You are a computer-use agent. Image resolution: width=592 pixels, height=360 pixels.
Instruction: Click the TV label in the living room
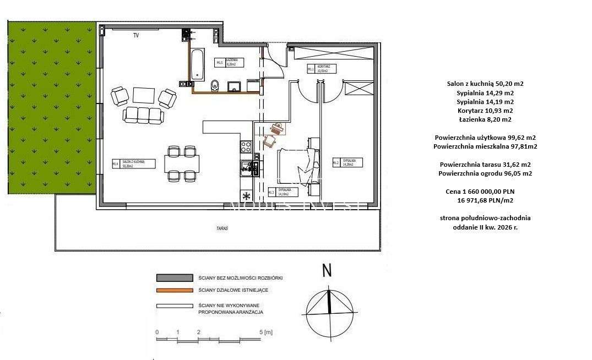click(x=135, y=36)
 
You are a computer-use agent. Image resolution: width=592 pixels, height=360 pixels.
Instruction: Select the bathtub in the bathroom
click(x=197, y=65)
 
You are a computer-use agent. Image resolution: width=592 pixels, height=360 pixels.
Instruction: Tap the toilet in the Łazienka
click(x=215, y=85)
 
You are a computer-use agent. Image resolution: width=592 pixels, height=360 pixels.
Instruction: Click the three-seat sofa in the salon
click(x=144, y=114)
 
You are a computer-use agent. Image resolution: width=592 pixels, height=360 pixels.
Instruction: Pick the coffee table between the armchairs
click(x=144, y=96)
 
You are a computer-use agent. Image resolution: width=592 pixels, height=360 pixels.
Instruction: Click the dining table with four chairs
click(x=182, y=162)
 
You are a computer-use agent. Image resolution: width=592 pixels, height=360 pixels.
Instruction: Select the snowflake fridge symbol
click(x=246, y=196)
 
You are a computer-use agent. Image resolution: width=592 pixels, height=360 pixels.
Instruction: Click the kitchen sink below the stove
click(x=247, y=167)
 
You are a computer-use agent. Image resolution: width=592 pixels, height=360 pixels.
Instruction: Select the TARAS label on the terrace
click(x=222, y=228)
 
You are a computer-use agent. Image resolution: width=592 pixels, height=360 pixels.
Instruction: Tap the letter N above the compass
click(x=327, y=270)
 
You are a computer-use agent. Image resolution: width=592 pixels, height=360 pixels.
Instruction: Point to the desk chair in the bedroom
click(x=270, y=141)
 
